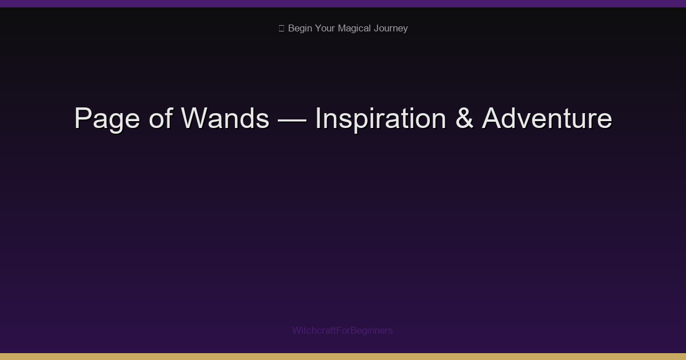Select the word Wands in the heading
tap(225, 119)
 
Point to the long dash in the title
tap(292, 119)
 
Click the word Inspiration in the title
tap(380, 119)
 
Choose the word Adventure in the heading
tap(547, 119)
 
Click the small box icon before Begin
tap(281, 28)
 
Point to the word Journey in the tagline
tap(390, 28)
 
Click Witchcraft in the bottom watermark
tap(314, 330)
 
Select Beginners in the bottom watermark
tap(372, 330)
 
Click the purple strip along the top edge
tap(343, 3)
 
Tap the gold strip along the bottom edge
tap(343, 357)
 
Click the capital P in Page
tap(83, 119)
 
